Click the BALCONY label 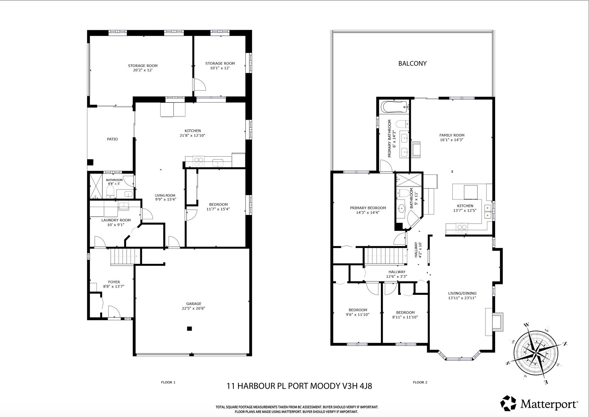pyautogui.click(x=412, y=63)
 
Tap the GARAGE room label pyautogui.click(x=194, y=304)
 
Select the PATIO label pyautogui.click(x=112, y=139)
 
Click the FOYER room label pyautogui.click(x=114, y=282)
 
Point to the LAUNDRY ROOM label pyautogui.click(x=116, y=220)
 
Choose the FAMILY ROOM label pyautogui.click(x=452, y=135)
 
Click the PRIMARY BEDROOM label pyautogui.click(x=368, y=208)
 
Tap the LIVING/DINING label pyautogui.click(x=462, y=294)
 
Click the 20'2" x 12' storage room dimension pyautogui.click(x=143, y=70)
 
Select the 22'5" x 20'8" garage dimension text pyautogui.click(x=194, y=308)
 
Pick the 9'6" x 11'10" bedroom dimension pyautogui.click(x=358, y=315)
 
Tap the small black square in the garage pyautogui.click(x=189, y=328)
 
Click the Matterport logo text pyautogui.click(x=549, y=404)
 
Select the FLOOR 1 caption pyautogui.click(x=168, y=382)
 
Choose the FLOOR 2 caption pyautogui.click(x=420, y=382)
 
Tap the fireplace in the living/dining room pyautogui.click(x=494, y=322)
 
